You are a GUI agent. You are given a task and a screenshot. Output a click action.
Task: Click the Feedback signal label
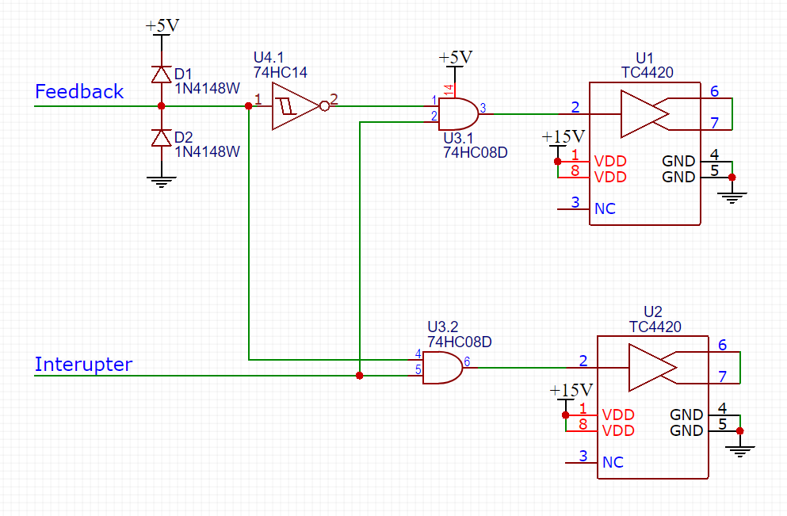coord(79,91)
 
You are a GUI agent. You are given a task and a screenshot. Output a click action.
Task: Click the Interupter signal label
coord(83,364)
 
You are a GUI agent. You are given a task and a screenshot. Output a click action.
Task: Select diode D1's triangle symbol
coord(161,75)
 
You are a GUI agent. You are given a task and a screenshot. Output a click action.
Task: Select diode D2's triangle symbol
coord(161,138)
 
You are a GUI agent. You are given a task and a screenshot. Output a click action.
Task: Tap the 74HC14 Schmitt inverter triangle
coord(295,106)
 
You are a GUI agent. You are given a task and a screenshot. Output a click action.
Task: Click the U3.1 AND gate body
coord(458,114)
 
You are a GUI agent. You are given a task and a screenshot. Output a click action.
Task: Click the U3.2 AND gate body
coord(442,368)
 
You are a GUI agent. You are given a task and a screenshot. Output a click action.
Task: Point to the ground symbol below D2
coord(161,182)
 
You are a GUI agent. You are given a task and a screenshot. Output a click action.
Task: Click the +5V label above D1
coord(162,26)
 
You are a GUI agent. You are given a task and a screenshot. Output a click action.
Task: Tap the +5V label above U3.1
coord(455,58)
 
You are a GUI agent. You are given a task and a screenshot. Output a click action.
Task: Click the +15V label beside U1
coord(564,136)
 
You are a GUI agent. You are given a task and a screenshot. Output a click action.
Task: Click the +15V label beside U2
coord(571,390)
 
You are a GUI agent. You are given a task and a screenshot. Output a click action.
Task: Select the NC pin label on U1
coord(605,208)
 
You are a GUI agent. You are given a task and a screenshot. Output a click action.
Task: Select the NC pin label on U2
coord(613,462)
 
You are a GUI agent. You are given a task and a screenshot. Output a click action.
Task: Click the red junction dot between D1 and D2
coord(161,106)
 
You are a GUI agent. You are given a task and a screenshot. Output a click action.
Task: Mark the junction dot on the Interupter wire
coord(359,376)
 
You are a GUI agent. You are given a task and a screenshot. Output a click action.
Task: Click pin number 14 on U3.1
coord(449,90)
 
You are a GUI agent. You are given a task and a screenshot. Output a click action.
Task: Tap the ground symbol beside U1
coord(732,197)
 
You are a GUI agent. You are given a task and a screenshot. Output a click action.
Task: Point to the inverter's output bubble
coord(325,106)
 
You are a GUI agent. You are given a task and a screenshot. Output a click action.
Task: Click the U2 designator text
coord(653,312)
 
